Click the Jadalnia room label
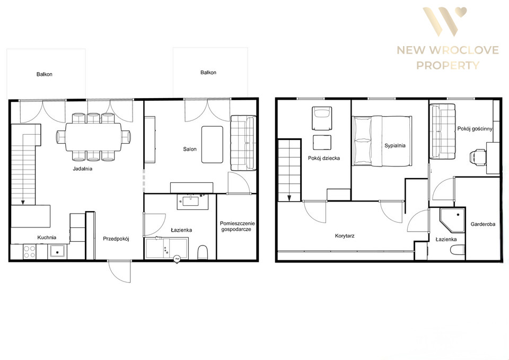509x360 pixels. coord(83,169)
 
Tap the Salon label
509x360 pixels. coord(190,149)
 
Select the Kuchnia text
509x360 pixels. coord(47,238)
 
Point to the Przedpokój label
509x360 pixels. coord(116,239)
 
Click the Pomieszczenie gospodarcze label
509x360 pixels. coord(238,226)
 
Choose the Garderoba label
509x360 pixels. coord(482,224)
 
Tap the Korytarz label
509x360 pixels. coord(345,236)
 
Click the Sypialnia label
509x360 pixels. coord(394,146)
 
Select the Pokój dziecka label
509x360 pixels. coord(323,158)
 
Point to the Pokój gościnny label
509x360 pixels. coord(475,128)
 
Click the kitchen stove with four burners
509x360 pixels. coord(30,252)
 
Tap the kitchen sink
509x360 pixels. coord(57,252)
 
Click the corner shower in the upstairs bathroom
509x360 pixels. coord(452,220)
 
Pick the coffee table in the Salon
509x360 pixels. coord(212,144)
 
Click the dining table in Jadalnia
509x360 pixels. coord(93,137)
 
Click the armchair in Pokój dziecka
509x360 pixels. coord(322,118)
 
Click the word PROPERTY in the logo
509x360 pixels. coord(447,66)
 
